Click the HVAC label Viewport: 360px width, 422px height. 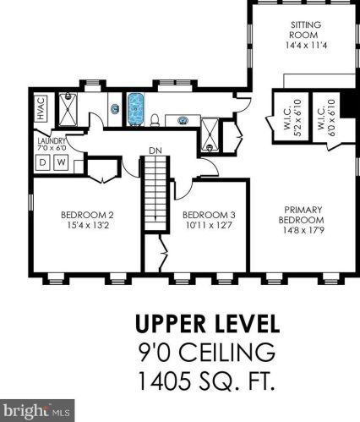pyautogui.click(x=41, y=108)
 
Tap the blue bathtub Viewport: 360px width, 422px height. pyautogui.click(x=136, y=109)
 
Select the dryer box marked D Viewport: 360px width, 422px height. pyautogui.click(x=42, y=162)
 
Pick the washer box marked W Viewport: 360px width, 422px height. pyautogui.click(x=61, y=162)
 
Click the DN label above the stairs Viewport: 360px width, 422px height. pyautogui.click(x=155, y=151)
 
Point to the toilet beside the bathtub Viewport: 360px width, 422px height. pyautogui.click(x=155, y=120)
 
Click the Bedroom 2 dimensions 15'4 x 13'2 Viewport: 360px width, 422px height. pyautogui.click(x=88, y=226)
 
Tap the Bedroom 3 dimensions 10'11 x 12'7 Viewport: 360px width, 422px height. pyautogui.click(x=209, y=226)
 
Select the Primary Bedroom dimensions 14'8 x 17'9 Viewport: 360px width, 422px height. pyautogui.click(x=304, y=230)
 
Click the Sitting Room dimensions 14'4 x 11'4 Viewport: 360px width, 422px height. pyautogui.click(x=306, y=45)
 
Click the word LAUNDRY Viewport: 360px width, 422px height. pyautogui.click(x=52, y=140)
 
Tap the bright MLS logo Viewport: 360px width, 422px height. pyautogui.click(x=37, y=411)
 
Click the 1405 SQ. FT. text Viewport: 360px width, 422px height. pyautogui.click(x=207, y=381)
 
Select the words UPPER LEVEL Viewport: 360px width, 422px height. pyautogui.click(x=208, y=324)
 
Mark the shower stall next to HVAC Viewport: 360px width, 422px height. pyautogui.click(x=68, y=109)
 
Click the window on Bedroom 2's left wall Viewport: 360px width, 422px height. pyautogui.click(x=30, y=202)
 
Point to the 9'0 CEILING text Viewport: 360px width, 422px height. pyautogui.click(x=207, y=352)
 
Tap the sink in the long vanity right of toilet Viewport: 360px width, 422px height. pyautogui.click(x=183, y=121)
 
